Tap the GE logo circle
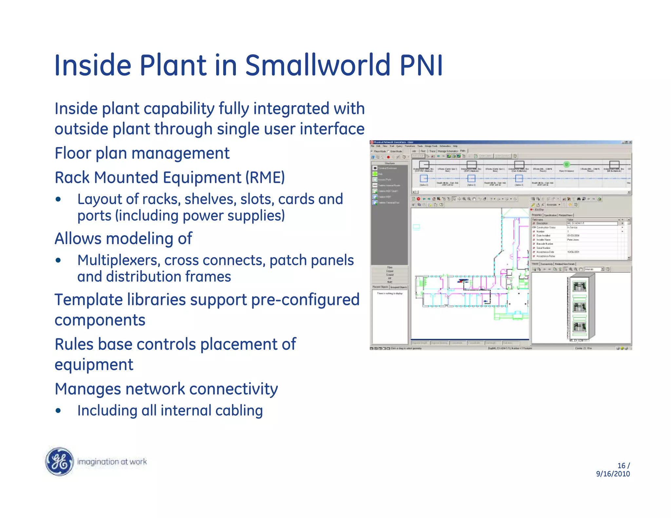click(x=59, y=461)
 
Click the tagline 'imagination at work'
click(x=112, y=462)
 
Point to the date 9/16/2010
click(x=613, y=474)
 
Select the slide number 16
click(x=621, y=465)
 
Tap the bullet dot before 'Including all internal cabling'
click(x=58, y=411)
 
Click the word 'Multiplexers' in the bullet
click(x=119, y=261)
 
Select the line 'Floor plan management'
click(x=142, y=153)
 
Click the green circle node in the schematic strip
click(x=566, y=164)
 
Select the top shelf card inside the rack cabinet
click(x=579, y=287)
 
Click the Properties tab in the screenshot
click(x=537, y=215)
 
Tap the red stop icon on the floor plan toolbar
click(x=418, y=199)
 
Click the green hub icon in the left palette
click(x=375, y=174)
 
